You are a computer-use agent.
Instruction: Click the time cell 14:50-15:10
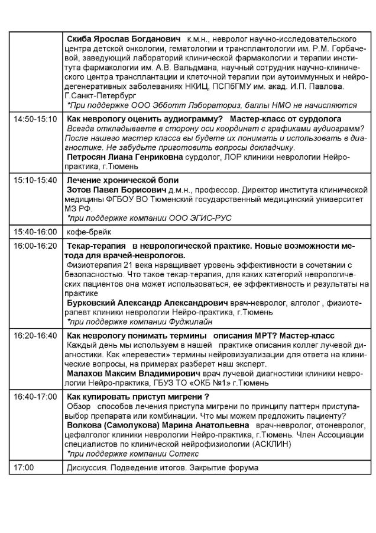coord(35,119)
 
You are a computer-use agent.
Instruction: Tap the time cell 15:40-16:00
coord(35,231)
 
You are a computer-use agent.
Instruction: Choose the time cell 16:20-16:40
coord(35,336)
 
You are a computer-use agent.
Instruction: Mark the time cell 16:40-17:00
coord(35,397)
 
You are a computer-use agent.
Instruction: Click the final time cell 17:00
coord(24,467)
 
